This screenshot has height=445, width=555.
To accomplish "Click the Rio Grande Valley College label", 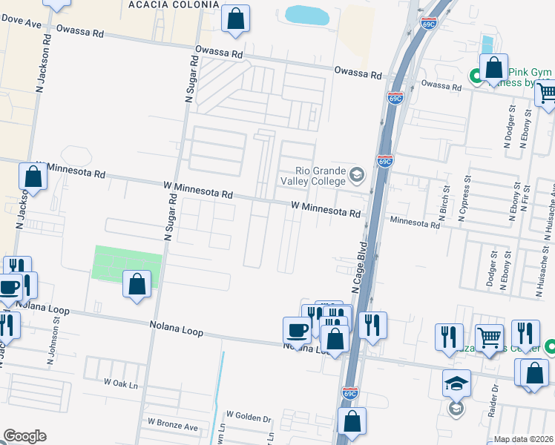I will pyautogui.click(x=321, y=176).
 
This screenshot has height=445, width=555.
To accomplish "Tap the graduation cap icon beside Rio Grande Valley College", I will pyautogui.click(x=357, y=175).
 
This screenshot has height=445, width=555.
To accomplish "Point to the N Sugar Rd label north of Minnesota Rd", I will pyautogui.click(x=190, y=81).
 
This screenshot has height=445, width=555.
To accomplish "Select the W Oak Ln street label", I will pyautogui.click(x=122, y=384).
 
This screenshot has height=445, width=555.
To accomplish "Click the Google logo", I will pyautogui.click(x=24, y=436).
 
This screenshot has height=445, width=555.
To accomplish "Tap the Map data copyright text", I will pyautogui.click(x=523, y=439).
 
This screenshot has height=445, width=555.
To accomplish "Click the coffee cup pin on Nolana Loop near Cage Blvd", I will pyautogui.click(x=296, y=330).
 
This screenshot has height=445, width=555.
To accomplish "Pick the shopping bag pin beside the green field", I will pyautogui.click(x=137, y=284).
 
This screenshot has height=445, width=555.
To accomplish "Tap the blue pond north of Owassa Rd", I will pyautogui.click(x=306, y=14).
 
